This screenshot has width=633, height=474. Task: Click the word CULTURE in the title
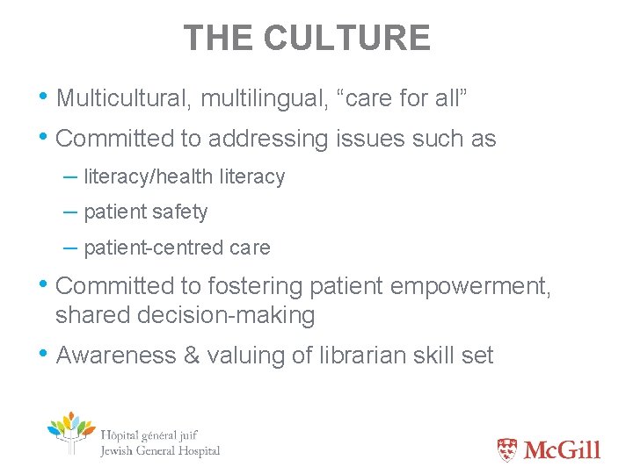pos(346,38)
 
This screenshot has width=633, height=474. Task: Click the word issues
pos(369,139)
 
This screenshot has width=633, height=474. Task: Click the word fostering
pos(246,286)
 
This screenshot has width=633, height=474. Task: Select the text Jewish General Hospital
pos(160,451)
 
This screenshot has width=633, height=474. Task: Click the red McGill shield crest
pos(507,450)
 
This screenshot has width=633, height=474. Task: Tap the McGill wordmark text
pos(562,450)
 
